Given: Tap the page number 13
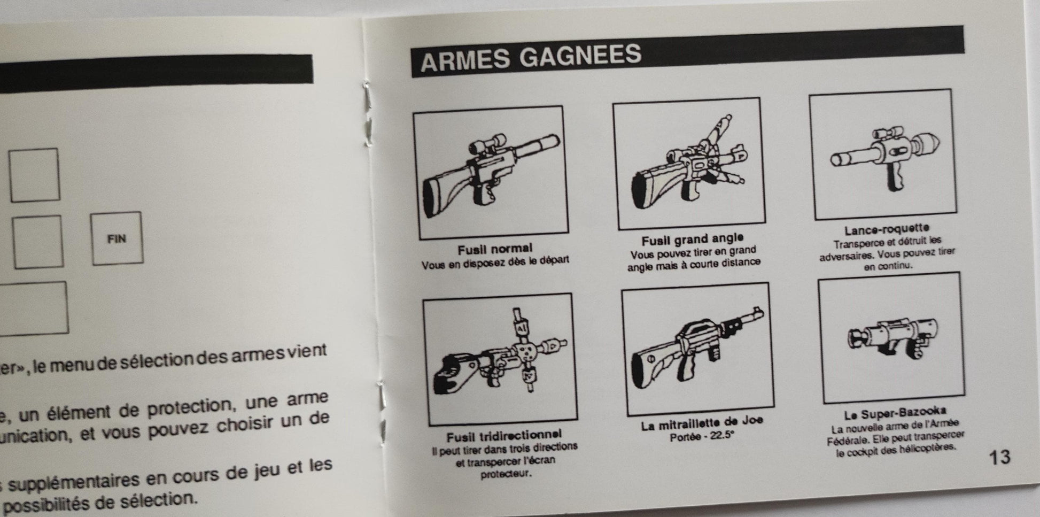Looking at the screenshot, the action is coord(999,457).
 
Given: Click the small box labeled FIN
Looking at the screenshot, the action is coord(117,238).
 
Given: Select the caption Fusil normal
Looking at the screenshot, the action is coord(495,249).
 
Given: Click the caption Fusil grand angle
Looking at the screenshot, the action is coord(692,239).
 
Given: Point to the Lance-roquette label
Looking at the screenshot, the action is coord(887,229).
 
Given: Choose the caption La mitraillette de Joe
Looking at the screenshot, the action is coord(702,423).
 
